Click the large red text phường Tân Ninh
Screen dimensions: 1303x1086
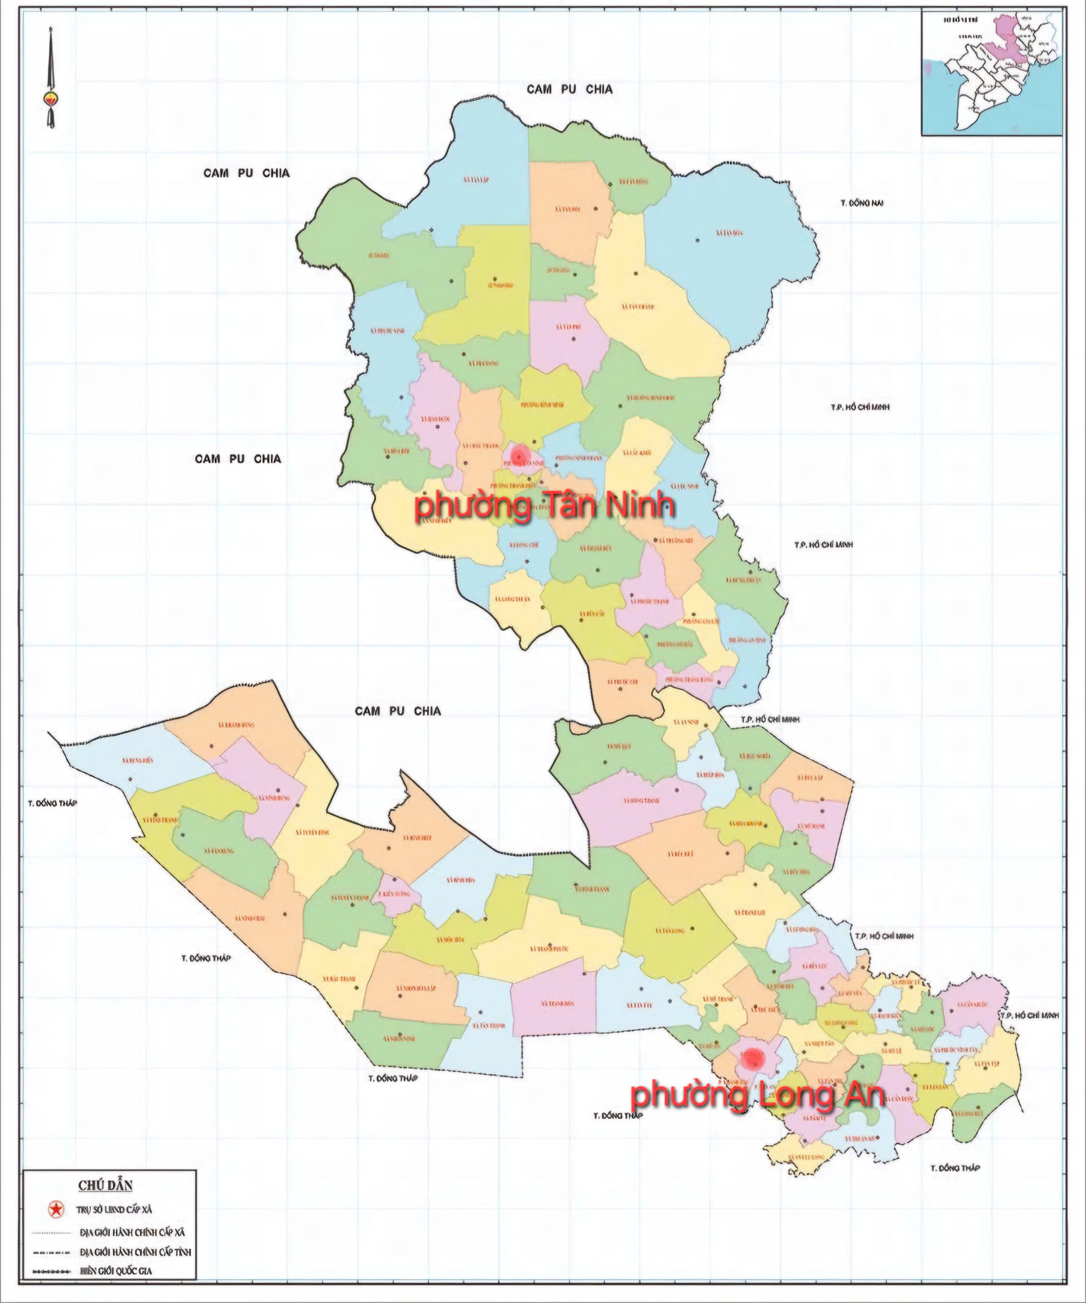coord(545,506)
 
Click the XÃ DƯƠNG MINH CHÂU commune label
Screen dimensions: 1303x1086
coord(650,398)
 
